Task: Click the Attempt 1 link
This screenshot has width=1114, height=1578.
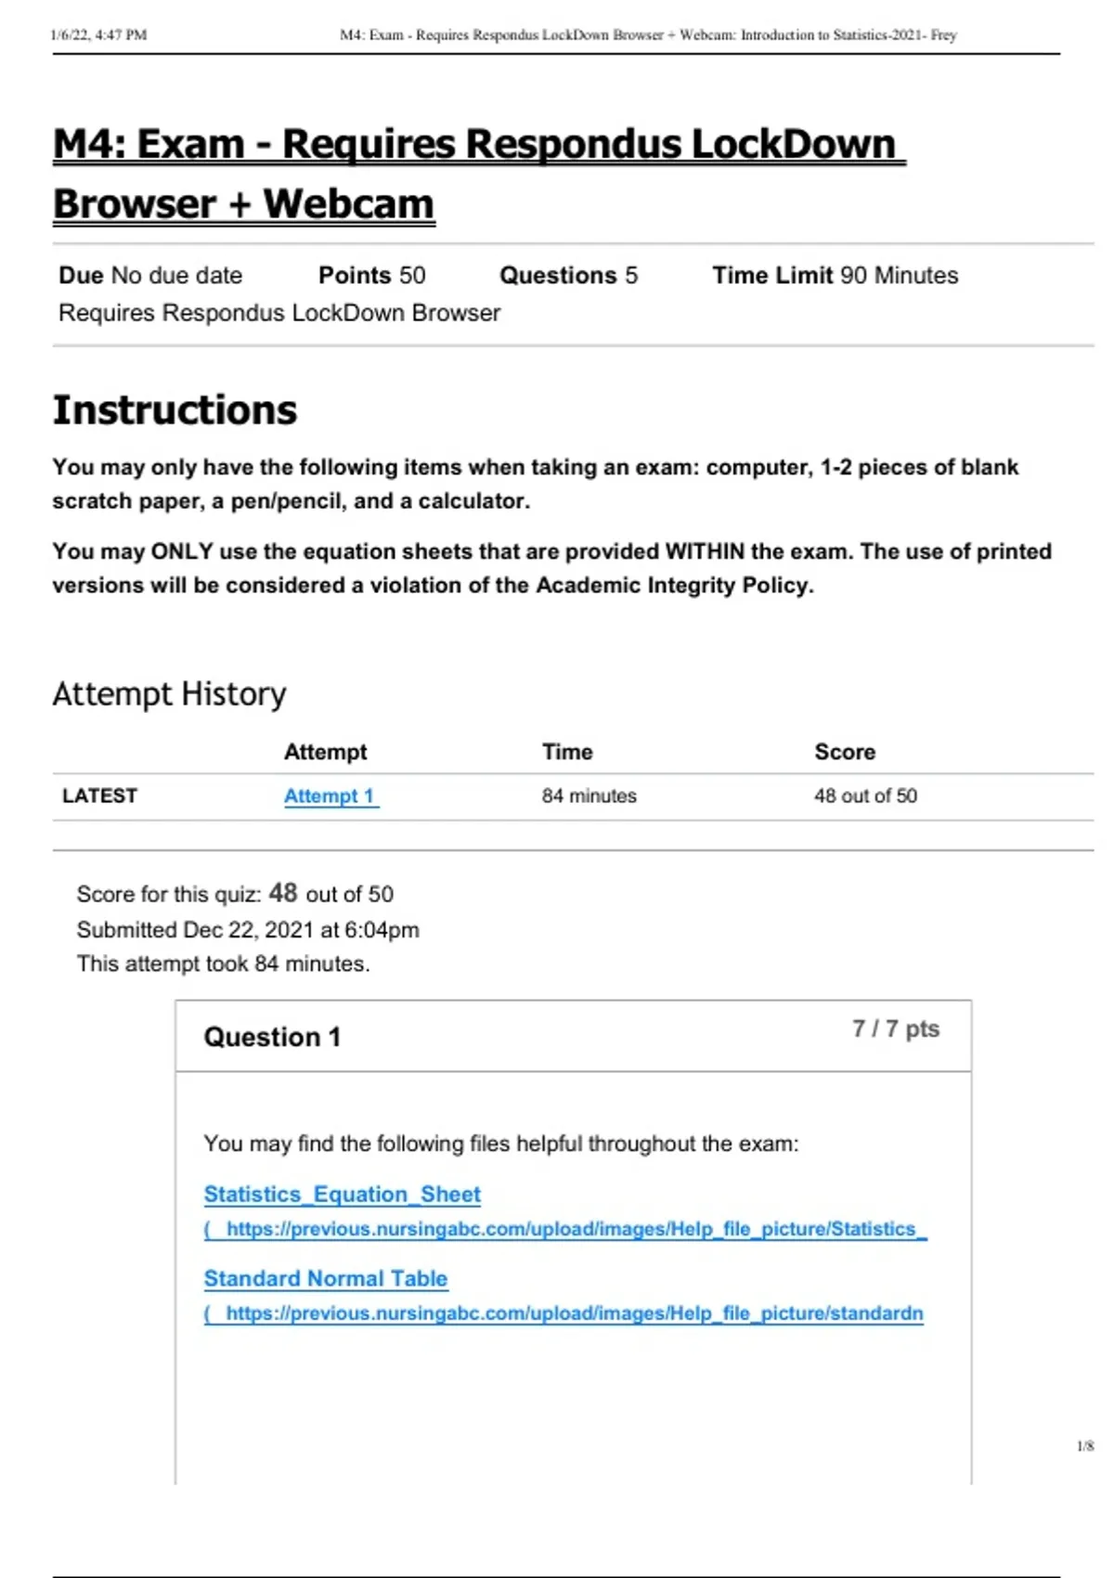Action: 330,795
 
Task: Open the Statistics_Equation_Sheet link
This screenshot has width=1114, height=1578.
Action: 342,1194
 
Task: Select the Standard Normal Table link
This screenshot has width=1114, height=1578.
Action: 325,1278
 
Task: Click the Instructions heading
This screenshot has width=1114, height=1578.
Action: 175,410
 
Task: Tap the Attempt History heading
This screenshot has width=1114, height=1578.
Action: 169,693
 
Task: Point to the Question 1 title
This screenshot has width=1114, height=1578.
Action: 272,1037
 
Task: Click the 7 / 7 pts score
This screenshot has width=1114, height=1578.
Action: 895,1028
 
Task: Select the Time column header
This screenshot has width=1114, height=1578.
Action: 567,752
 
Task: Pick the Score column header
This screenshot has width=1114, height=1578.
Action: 845,752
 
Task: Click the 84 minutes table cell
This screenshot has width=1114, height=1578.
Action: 589,795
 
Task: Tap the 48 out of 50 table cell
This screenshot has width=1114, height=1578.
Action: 865,795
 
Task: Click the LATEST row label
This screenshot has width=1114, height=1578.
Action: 99,795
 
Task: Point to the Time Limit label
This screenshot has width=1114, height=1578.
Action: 772,276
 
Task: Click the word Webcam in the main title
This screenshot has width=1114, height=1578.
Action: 348,204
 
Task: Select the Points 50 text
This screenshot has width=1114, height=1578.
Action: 371,276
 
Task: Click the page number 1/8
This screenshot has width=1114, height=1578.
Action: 1084,1445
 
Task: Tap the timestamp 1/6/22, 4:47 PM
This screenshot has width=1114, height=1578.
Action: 98,35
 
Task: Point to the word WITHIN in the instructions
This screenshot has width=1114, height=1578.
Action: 705,551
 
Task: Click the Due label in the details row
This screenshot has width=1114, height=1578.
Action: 81,276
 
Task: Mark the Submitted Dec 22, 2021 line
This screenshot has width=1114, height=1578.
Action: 247,929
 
